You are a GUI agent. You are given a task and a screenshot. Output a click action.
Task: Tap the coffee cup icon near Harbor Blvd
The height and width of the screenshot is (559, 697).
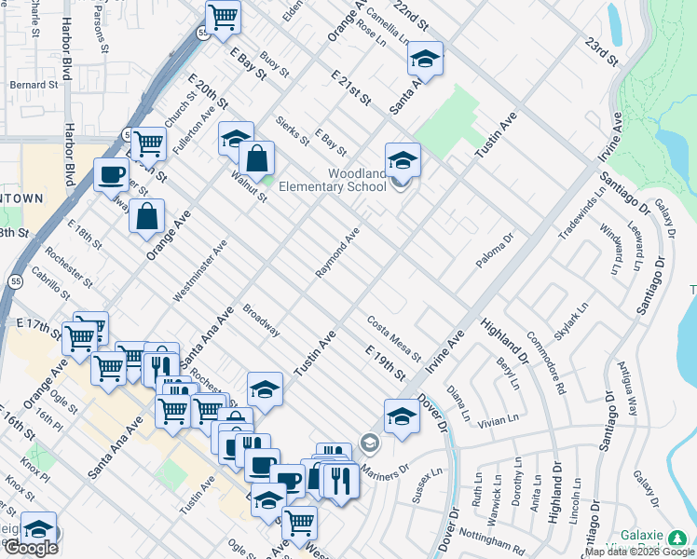tap(112, 174)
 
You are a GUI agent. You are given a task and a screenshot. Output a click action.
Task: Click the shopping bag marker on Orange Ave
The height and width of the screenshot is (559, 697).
tap(147, 217)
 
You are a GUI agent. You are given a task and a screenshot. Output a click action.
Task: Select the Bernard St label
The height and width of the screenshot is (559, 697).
tap(34, 85)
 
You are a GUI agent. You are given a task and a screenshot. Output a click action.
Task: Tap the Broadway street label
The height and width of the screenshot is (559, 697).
tap(261, 320)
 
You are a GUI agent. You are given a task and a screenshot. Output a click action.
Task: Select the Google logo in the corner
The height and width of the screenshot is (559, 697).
tap(31, 548)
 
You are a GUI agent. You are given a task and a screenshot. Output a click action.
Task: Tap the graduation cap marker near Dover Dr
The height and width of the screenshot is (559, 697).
tap(402, 416)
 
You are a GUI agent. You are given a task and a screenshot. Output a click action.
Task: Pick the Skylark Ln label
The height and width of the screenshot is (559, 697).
tap(571, 320)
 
